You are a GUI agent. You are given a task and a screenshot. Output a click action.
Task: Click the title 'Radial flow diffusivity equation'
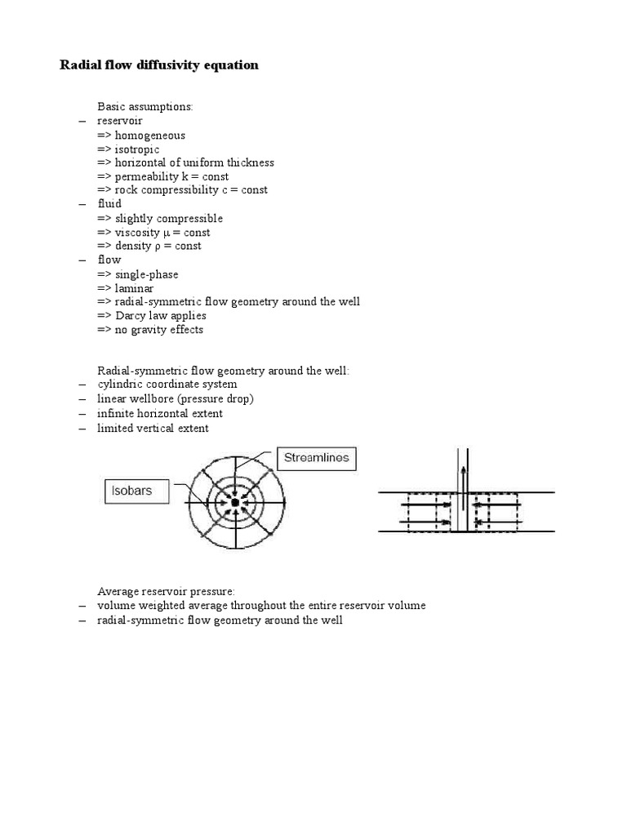click(159, 64)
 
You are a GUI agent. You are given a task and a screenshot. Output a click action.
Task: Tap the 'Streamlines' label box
click(316, 458)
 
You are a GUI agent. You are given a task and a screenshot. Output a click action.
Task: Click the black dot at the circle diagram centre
click(235, 503)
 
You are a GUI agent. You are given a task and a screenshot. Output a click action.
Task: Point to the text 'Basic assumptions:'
click(145, 107)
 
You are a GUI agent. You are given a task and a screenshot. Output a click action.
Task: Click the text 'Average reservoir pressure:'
click(167, 591)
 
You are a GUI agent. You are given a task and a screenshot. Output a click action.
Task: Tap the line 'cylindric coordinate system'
click(167, 384)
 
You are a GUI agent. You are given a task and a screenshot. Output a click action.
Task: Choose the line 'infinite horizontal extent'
click(160, 414)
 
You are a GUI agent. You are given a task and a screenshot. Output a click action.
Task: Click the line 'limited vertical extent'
click(153, 428)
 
